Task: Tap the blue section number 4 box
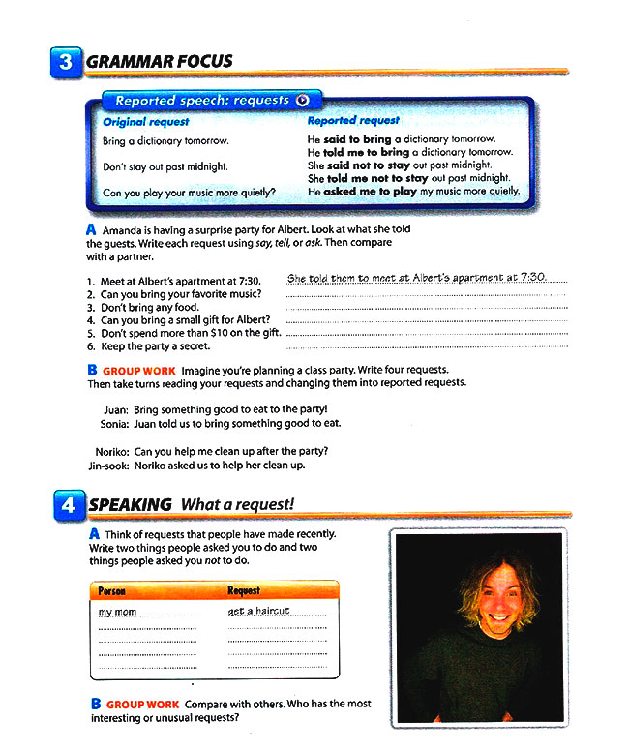point(67,505)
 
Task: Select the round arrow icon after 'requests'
point(303,100)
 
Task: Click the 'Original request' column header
point(146,122)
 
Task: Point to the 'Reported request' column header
point(353,121)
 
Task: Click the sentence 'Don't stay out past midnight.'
point(165,166)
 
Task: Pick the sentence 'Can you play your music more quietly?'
point(189,192)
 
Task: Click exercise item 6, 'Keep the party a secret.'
point(154,345)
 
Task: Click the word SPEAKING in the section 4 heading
point(131,504)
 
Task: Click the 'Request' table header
point(244,589)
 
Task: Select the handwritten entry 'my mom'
point(118,612)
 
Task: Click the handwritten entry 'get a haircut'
point(259,611)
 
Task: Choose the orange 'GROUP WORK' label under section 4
point(141,704)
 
